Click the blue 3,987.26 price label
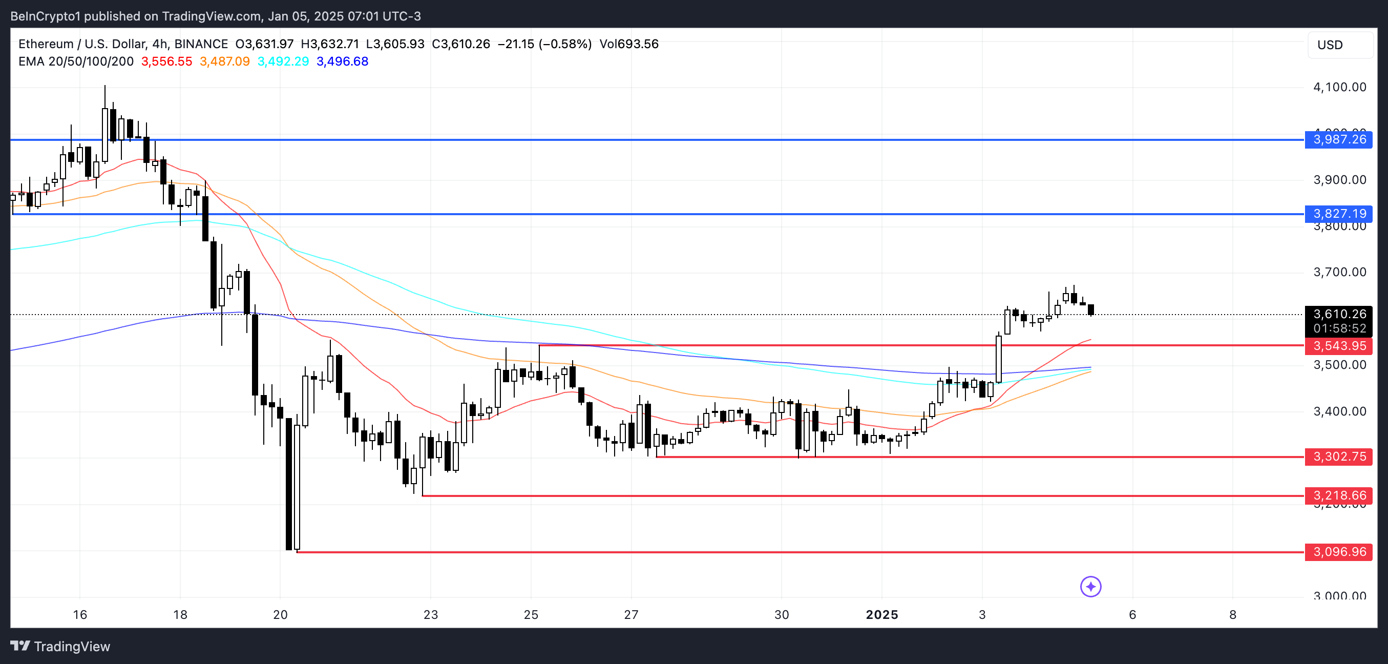pos(1339,139)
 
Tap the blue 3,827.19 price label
pos(1339,214)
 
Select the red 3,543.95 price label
pos(1339,346)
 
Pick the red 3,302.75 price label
pos(1339,457)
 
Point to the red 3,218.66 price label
pos(1339,496)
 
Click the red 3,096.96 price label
pos(1339,552)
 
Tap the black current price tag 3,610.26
pos(1339,314)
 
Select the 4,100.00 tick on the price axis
pos(1339,87)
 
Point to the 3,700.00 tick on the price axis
pos(1339,272)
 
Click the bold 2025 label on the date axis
pos(881,615)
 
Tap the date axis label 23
pos(431,615)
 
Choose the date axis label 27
pos(631,615)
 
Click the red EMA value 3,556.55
pos(166,61)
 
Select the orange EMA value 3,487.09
pos(225,61)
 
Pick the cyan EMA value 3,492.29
pos(283,61)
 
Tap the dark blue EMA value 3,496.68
pos(343,61)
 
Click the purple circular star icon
pos(1090,587)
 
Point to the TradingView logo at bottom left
pos(60,646)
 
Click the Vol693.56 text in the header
pos(629,44)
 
